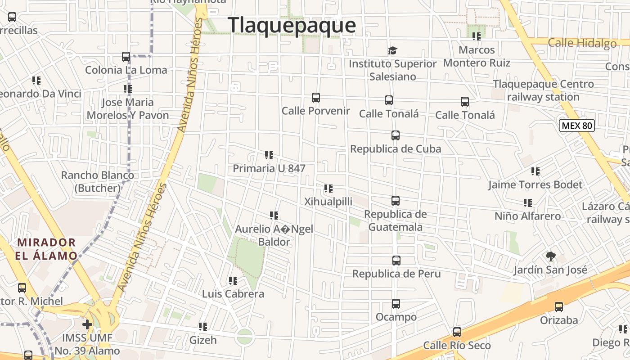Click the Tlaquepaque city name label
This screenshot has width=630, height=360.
pos(292,25)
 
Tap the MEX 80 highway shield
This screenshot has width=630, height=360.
pos(577,126)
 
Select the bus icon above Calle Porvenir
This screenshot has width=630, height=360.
pos(316,98)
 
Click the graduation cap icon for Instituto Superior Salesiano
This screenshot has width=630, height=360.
pos(393,50)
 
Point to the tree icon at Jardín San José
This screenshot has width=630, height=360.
pos(550,256)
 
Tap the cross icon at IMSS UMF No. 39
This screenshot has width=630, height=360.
pos(87,324)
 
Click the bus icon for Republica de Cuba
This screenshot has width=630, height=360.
pos(396,135)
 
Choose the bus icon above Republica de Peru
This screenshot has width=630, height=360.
pos(396,261)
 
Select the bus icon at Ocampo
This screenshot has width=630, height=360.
pos(396,304)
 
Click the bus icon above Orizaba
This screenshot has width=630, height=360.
pos(558,307)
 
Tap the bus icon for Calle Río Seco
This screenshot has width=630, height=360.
pos(457,333)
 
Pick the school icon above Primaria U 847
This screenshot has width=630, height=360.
pos(269,156)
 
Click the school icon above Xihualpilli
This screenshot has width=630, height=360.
pos(328,189)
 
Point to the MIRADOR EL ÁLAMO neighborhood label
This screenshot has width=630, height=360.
pos(47,249)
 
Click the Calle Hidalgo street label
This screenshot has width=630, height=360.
pos(582,43)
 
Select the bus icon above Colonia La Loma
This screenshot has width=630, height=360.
pos(126,57)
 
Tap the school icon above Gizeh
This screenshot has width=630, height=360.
pos(203,327)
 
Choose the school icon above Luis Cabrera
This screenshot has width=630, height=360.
pos(233,281)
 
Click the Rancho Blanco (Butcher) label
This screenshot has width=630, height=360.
pos(97,181)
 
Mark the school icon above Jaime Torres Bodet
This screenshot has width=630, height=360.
pos(535,171)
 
